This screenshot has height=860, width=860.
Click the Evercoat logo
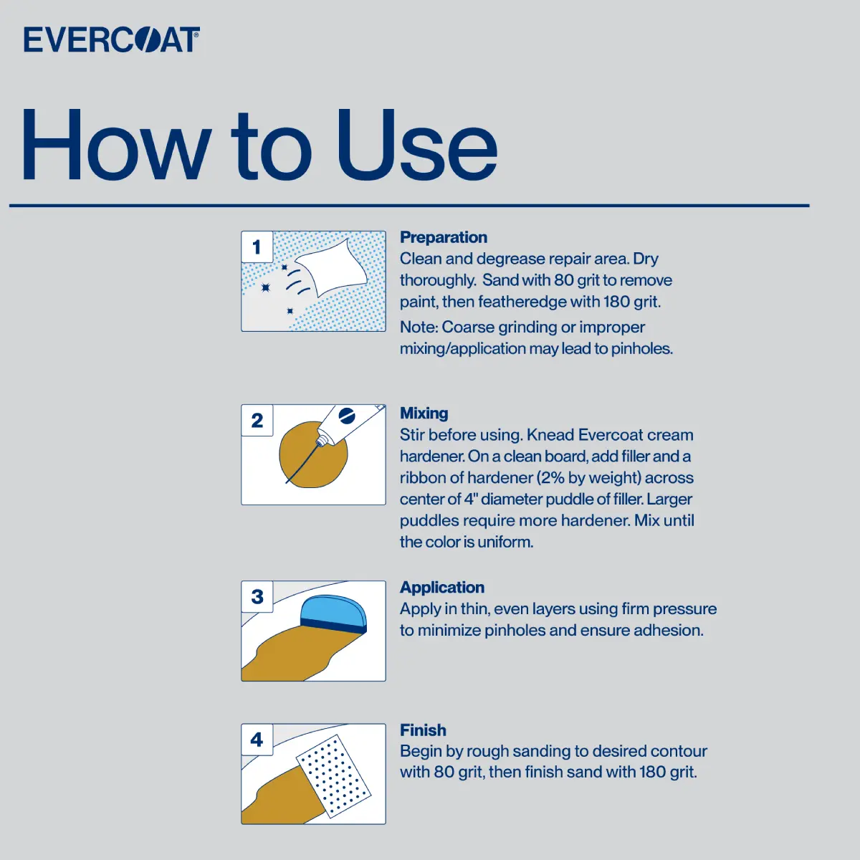click(x=112, y=39)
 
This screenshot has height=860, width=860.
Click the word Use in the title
click(x=417, y=145)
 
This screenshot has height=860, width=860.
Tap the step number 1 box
click(x=257, y=247)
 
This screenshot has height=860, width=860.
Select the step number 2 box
click(x=257, y=421)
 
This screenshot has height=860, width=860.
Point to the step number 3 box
click(x=257, y=597)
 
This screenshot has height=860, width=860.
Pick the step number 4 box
click(x=257, y=740)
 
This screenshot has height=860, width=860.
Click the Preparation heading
click(x=444, y=237)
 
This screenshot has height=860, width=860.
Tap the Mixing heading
click(x=424, y=414)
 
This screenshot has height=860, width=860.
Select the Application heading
click(x=442, y=588)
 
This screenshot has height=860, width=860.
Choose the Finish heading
click(x=423, y=730)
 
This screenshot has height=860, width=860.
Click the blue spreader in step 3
click(x=334, y=614)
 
